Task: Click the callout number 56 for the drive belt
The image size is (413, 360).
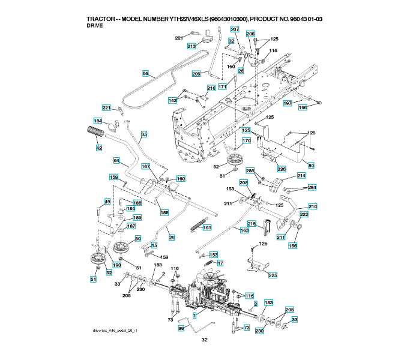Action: (145, 73)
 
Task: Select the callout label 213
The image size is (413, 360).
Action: (191, 46)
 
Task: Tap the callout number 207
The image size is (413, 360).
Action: (234, 29)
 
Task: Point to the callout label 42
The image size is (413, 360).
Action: (98, 148)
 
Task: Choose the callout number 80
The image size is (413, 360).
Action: (311, 165)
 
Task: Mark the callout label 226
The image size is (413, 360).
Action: (281, 169)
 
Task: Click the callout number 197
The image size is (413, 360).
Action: (288, 103)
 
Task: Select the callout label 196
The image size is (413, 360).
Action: (303, 108)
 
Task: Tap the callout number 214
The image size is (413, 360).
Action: (301, 176)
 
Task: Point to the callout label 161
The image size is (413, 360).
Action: (207, 227)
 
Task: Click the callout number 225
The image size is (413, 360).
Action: (272, 275)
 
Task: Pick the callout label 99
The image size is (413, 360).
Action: (181, 329)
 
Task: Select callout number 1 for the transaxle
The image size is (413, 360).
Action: (194, 315)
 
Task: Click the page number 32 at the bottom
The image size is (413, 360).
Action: (205, 340)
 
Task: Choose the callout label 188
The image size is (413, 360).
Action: (164, 212)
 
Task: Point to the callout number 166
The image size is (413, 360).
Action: (292, 245)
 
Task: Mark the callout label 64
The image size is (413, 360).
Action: (117, 160)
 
